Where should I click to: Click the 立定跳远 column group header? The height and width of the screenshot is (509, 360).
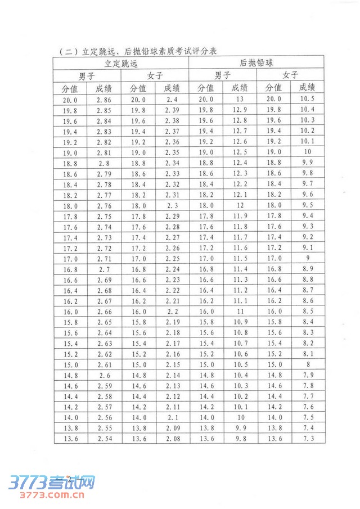click(x=121, y=64)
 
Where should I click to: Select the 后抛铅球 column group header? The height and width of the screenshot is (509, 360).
click(x=256, y=64)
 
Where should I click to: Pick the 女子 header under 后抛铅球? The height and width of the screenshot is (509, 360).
click(x=290, y=75)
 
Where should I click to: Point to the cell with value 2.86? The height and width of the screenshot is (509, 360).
click(x=104, y=100)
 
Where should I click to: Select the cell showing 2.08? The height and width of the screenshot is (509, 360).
click(x=172, y=439)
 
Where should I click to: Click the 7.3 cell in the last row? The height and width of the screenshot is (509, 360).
click(x=307, y=439)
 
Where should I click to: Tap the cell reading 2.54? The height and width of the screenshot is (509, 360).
click(x=104, y=439)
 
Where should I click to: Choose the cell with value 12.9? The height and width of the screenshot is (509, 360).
click(x=240, y=110)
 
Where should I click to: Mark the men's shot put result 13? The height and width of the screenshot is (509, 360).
click(x=240, y=100)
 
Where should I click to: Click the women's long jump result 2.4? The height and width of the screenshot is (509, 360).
click(x=172, y=100)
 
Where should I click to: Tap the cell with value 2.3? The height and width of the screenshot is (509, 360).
click(x=172, y=205)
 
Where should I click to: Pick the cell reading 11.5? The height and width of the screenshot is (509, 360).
click(x=240, y=259)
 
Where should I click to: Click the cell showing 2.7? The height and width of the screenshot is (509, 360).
click(x=104, y=269)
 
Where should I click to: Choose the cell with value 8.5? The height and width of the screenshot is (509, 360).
click(x=307, y=312)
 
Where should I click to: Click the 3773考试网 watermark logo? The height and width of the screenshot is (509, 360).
click(x=52, y=483)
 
